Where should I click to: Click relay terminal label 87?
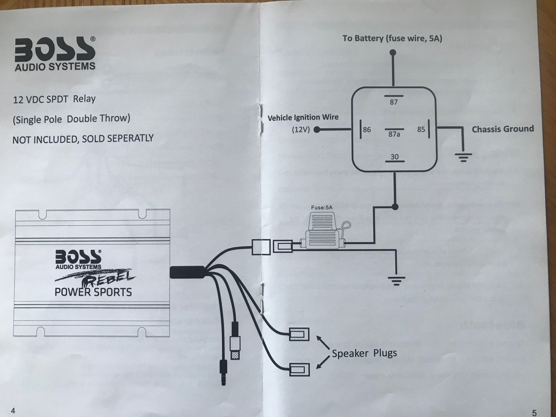[x=394, y=102]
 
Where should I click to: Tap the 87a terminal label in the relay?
[x=394, y=134]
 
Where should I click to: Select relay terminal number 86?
[x=367, y=130]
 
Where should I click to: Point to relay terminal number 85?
[x=421, y=129]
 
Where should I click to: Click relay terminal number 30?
[x=394, y=157]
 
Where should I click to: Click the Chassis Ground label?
[x=503, y=129]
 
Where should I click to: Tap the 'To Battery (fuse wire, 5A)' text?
[x=392, y=38]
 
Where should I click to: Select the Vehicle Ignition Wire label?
[x=303, y=117]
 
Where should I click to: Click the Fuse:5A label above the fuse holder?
[x=322, y=207]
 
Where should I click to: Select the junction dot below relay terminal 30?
[x=395, y=207]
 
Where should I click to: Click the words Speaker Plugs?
[x=364, y=353]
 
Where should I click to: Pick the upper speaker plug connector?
[x=299, y=334]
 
